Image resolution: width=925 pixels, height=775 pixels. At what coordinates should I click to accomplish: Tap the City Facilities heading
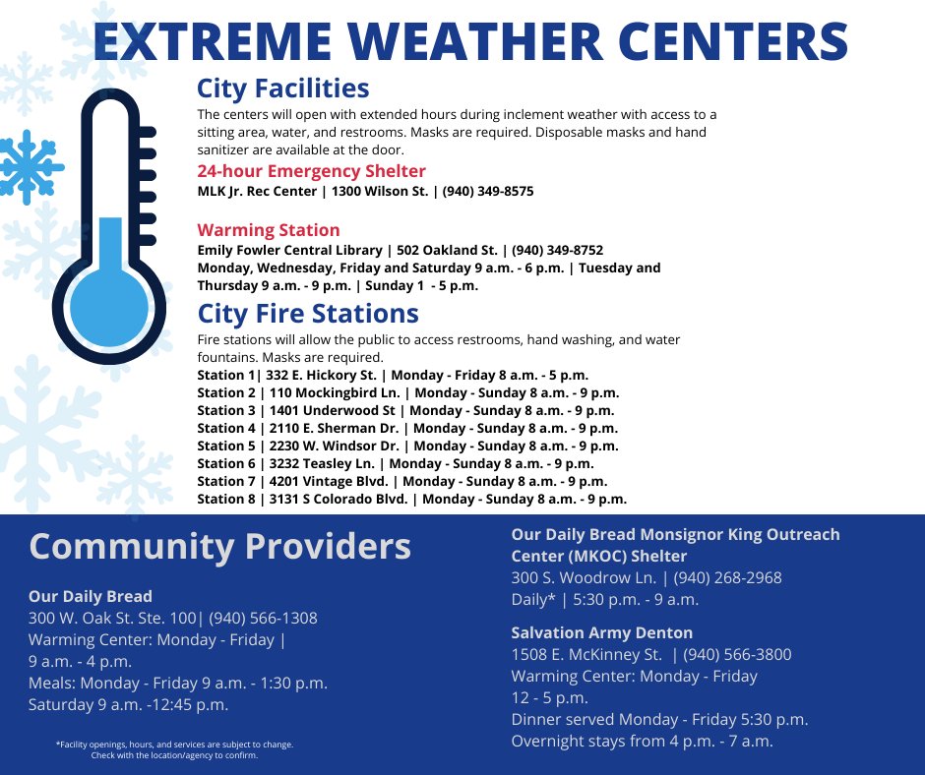click(x=282, y=89)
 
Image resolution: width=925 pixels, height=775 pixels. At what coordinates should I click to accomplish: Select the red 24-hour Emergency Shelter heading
click(x=311, y=171)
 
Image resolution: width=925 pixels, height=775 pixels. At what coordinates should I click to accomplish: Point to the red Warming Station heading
click(x=268, y=230)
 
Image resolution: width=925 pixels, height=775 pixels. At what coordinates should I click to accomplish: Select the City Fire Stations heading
click(x=307, y=314)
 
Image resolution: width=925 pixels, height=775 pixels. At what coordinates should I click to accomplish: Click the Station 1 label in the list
click(x=225, y=375)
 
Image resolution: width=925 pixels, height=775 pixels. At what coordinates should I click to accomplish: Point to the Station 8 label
click(x=226, y=499)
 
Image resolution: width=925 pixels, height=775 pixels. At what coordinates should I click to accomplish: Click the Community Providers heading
click(x=219, y=546)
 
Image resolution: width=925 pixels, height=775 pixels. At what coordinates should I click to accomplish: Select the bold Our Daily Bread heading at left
click(x=91, y=596)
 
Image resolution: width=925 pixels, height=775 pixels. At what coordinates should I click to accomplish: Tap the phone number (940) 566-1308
click(x=263, y=618)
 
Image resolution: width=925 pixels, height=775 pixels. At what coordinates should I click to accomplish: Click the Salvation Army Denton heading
click(x=601, y=632)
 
